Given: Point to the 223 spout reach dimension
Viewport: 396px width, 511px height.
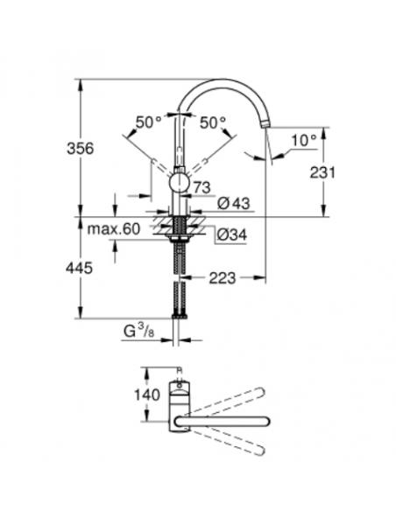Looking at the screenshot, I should [223, 277].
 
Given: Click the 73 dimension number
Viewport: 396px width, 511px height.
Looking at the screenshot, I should [202, 187].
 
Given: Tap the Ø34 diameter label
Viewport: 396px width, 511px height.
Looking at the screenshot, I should [230, 234].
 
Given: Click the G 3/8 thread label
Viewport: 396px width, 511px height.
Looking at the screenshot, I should [139, 331].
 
